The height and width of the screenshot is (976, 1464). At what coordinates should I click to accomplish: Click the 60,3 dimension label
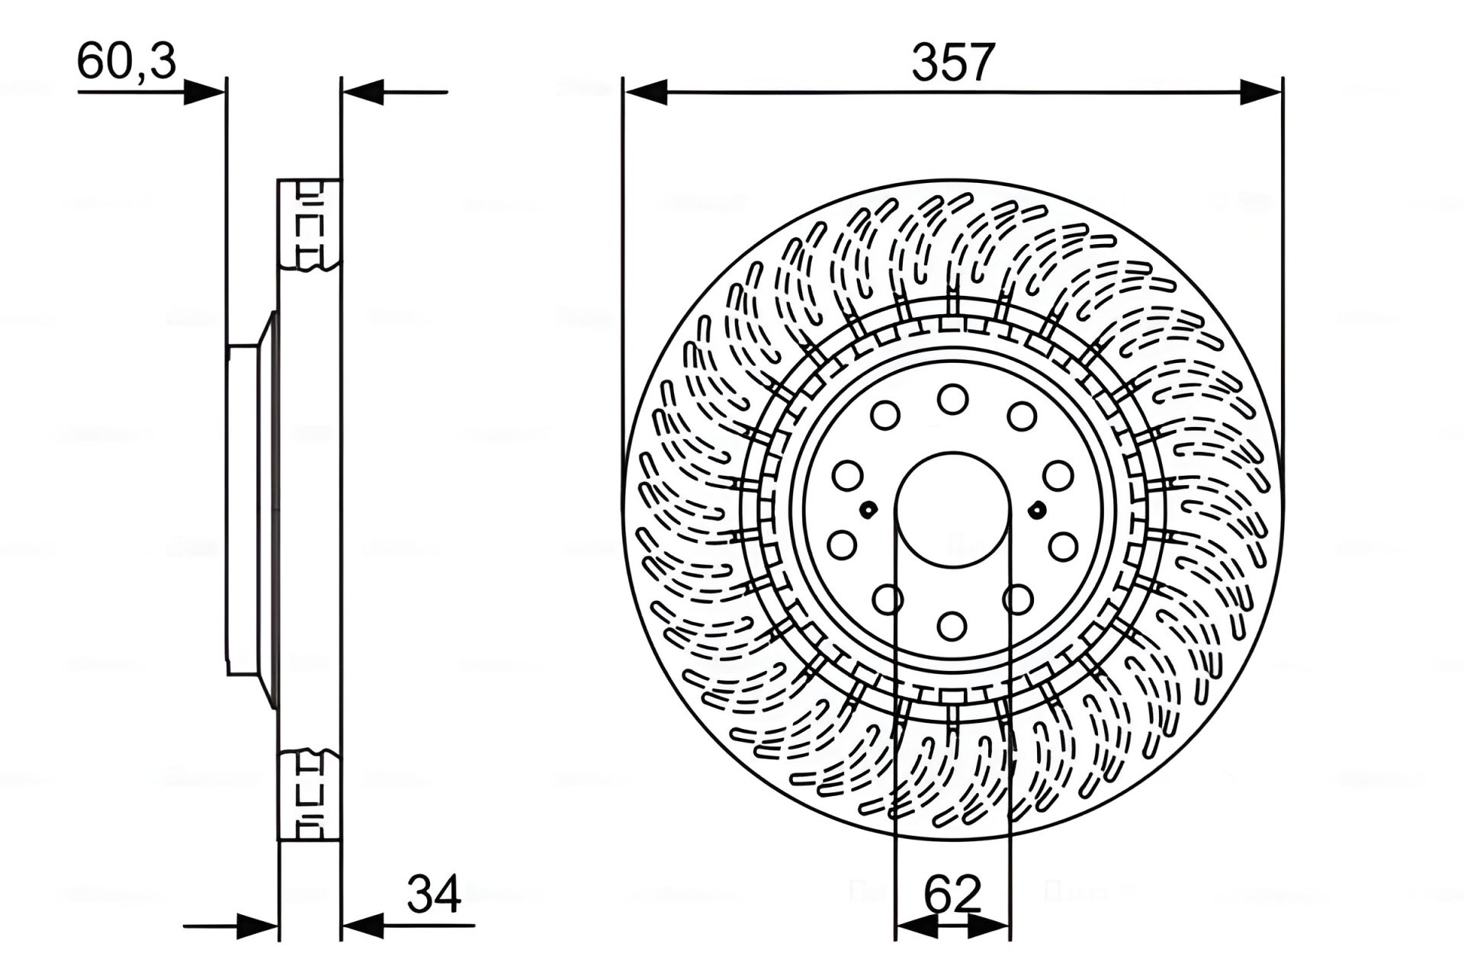pos(127,61)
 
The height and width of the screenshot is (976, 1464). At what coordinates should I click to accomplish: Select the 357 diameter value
pos(953,63)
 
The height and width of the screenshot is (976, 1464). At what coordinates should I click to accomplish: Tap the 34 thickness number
pos(434,894)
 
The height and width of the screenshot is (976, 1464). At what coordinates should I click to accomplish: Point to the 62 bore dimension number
pos(952,894)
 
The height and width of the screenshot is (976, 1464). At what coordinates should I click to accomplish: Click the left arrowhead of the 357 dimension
pos(645,92)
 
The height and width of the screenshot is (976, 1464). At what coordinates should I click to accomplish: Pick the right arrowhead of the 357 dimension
pos(1260,92)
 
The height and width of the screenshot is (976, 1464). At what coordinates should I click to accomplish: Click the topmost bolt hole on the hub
pos(952,399)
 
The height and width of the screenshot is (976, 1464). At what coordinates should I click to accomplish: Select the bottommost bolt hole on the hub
pos(952,627)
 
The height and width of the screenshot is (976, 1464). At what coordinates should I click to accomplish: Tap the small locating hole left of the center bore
pos(868,509)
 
